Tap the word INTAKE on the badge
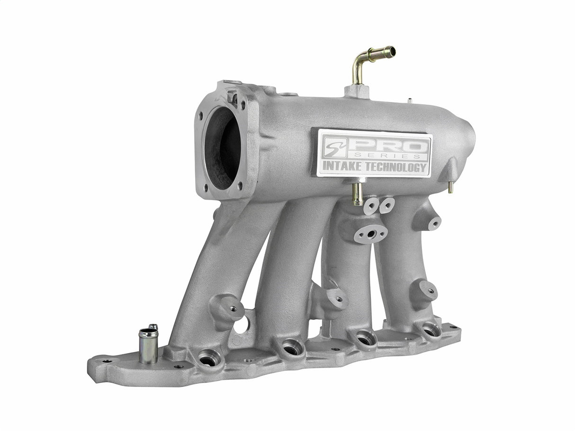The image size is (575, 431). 341,167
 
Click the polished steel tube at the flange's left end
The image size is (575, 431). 148,346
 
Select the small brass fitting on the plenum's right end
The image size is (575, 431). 450,187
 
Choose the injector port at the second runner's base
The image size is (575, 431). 292,349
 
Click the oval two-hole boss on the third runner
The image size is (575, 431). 370,233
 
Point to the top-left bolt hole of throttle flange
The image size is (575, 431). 201,116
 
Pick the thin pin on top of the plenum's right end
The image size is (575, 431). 409,100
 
